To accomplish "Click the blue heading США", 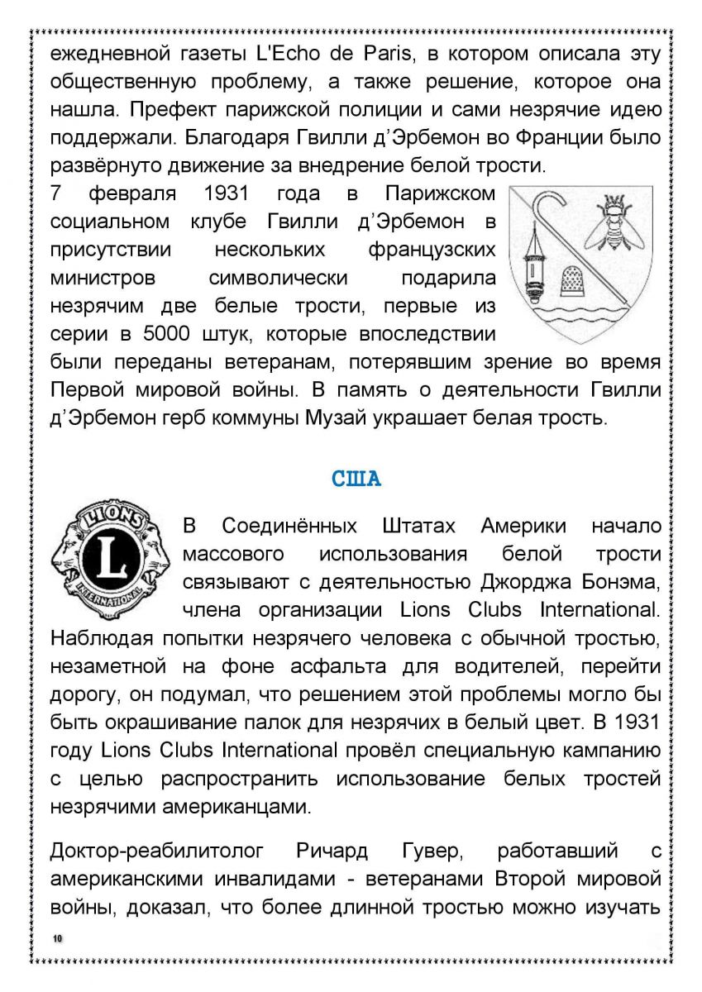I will coord(356,479).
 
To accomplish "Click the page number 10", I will coord(57,938).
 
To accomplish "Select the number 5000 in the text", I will coord(165,335).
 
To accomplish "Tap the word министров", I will coord(103,278).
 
